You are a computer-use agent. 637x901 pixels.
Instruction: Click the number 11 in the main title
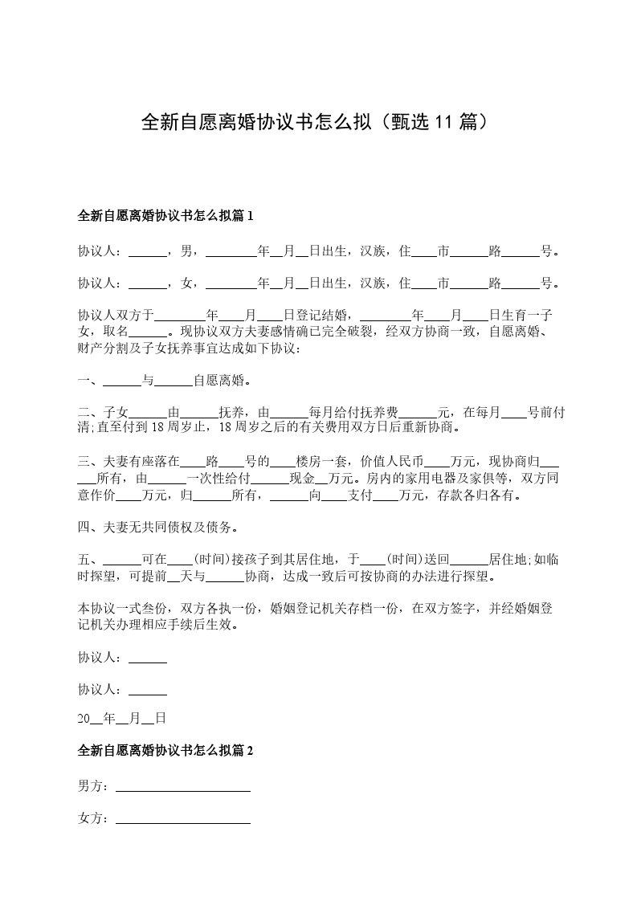coord(444,122)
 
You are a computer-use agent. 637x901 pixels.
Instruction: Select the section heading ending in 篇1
coord(165,215)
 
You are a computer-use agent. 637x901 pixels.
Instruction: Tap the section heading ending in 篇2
coord(165,751)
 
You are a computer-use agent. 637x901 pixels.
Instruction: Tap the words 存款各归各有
coord(480,495)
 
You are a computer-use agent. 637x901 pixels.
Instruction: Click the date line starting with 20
coord(121,719)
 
